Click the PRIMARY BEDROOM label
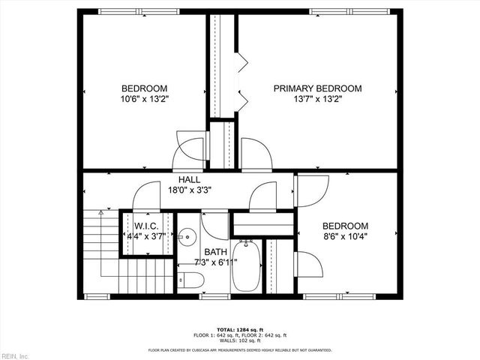316,88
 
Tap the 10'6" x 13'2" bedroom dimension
145,98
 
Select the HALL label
189,179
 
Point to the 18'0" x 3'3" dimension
190,190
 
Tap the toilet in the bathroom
190,280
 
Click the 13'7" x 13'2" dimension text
316,98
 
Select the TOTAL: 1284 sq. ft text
241,329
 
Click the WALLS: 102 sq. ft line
241,340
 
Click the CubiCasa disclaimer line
241,349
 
